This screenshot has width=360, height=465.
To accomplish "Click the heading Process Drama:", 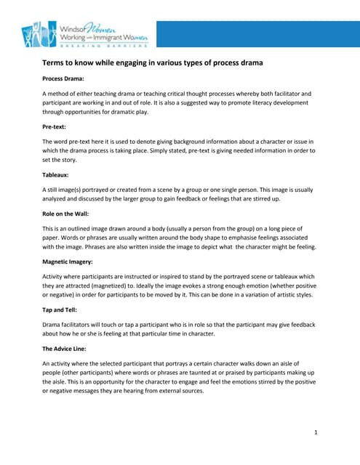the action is pos(63,78).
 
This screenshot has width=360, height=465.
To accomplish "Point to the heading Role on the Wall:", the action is pos(67,213).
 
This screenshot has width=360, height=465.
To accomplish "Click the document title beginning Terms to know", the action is pos(153,63).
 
